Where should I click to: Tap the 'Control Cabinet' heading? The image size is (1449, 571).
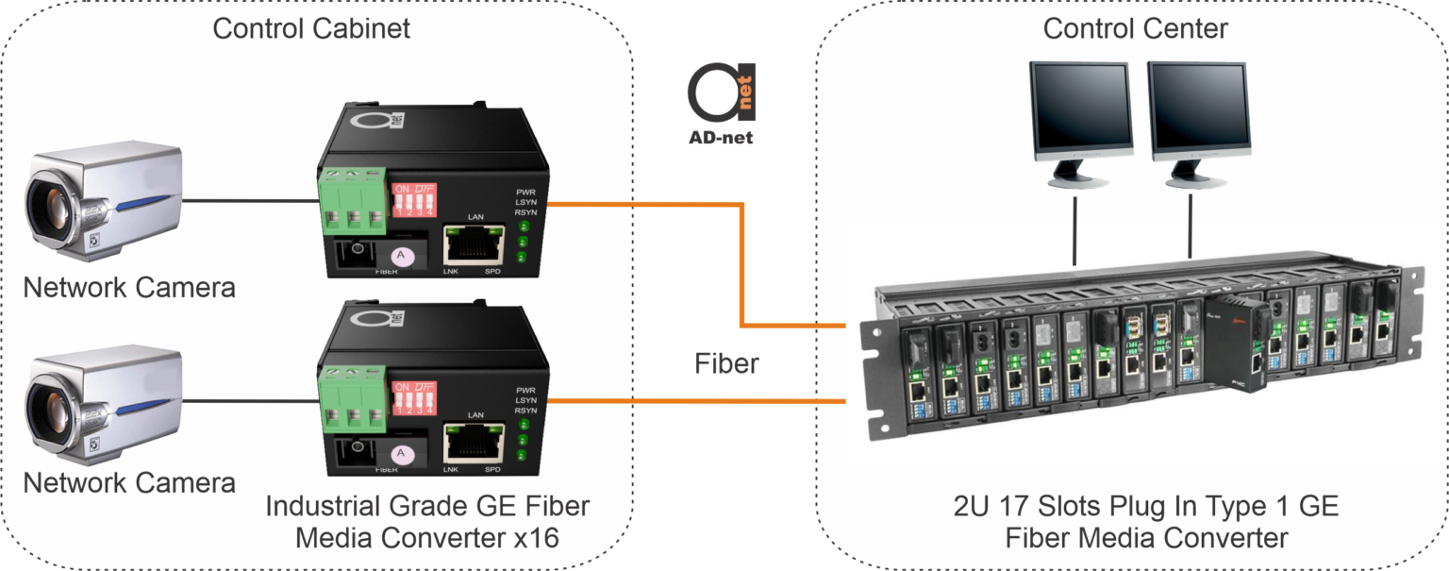[311, 28]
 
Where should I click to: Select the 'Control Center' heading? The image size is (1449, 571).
[1135, 28]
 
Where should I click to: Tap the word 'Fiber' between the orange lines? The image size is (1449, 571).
[726, 363]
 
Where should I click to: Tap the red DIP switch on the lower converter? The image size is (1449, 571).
[414, 396]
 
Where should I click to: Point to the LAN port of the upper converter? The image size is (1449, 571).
[473, 246]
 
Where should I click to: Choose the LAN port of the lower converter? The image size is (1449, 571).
[473, 441]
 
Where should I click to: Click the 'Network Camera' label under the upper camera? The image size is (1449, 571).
[129, 287]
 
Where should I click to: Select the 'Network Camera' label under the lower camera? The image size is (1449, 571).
[129, 483]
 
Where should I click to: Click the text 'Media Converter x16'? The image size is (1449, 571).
[426, 539]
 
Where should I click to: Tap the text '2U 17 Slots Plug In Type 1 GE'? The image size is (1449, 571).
[1146, 507]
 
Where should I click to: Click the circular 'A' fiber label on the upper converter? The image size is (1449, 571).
[401, 256]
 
